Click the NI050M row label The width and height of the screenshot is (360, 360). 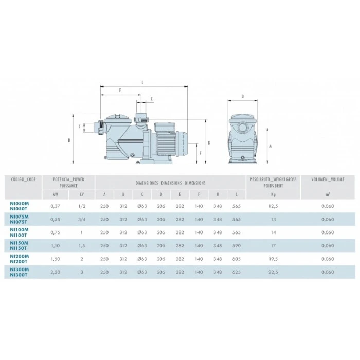[20, 204]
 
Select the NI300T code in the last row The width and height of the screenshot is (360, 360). [19, 275]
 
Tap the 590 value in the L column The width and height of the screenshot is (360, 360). [236, 246]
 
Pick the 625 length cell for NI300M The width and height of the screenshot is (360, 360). [236, 272]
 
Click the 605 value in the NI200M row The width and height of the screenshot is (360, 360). [236, 259]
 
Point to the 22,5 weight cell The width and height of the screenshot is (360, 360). [273, 272]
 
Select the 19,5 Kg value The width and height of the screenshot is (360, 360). [273, 259]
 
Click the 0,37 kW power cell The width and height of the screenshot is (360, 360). [56, 206]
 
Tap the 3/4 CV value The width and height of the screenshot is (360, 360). [82, 219]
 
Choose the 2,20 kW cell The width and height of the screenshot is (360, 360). [56, 272]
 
